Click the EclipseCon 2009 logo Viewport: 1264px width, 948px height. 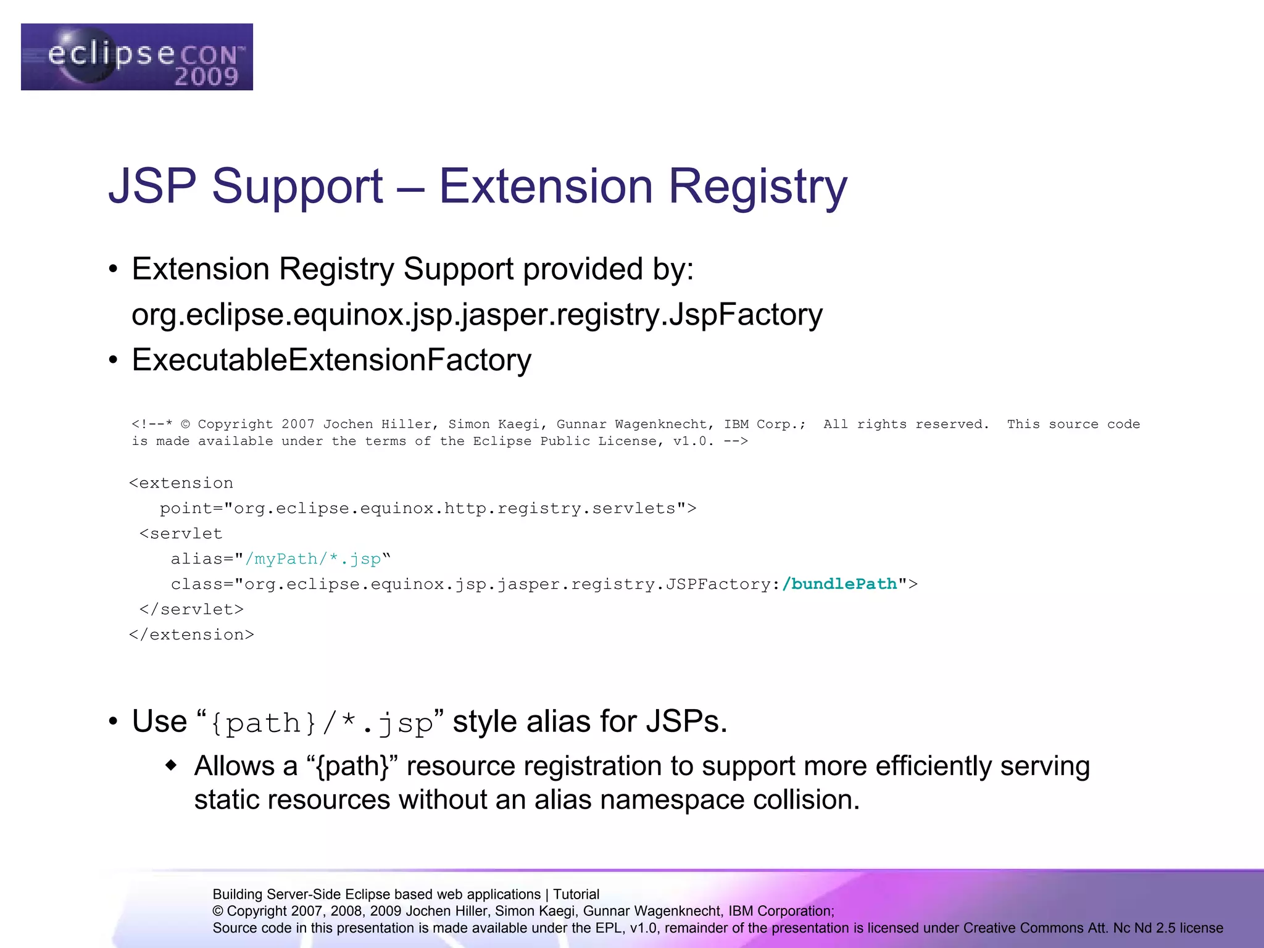click(136, 57)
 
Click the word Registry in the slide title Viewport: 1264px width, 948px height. click(758, 186)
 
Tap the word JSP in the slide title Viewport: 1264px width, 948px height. click(152, 186)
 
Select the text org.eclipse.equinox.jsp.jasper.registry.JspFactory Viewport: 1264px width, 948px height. click(476, 315)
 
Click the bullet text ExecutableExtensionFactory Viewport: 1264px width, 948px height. click(331, 360)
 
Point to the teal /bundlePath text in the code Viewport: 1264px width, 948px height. click(839, 584)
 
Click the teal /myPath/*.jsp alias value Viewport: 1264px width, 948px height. click(313, 559)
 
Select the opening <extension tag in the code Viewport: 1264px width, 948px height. click(181, 483)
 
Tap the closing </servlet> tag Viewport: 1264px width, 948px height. click(191, 610)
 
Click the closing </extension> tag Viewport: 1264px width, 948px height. click(191, 635)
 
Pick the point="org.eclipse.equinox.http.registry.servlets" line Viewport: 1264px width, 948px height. click(428, 509)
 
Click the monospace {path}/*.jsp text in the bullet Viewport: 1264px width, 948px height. click(321, 723)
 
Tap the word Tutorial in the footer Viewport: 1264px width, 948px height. click(576, 894)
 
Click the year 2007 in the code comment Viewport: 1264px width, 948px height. click(297, 425)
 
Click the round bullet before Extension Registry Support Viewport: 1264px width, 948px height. click(112, 270)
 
